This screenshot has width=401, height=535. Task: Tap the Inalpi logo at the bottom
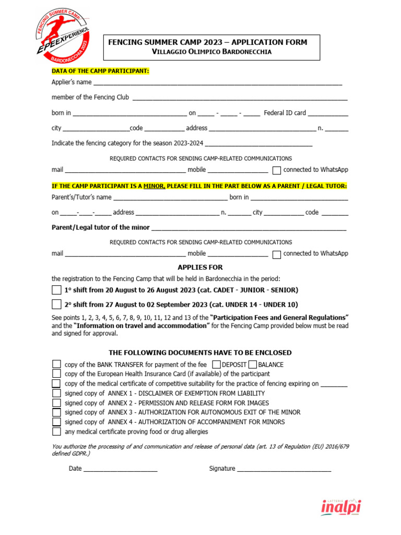[x=341, y=506]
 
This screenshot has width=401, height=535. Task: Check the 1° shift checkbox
[x=56, y=290]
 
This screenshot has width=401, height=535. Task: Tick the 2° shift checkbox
[x=56, y=305]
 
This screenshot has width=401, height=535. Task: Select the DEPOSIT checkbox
[x=217, y=365]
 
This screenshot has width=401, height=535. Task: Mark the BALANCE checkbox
[x=253, y=365]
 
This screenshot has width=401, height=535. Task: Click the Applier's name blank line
[x=217, y=83]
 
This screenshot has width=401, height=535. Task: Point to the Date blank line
[x=120, y=470]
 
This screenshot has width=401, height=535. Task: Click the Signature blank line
[x=284, y=470]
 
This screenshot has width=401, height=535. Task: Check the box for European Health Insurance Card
[x=56, y=374]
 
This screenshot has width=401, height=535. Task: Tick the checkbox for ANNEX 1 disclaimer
[x=56, y=393]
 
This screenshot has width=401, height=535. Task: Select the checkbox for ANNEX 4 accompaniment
[x=56, y=422]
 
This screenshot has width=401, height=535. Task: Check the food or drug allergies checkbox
[x=56, y=432]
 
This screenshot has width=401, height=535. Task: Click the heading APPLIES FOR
[x=200, y=267]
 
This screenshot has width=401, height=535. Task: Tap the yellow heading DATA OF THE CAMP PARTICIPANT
[x=100, y=71]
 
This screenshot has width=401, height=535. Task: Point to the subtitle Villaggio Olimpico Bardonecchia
[x=211, y=52]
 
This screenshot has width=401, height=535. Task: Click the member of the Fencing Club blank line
[x=240, y=98]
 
